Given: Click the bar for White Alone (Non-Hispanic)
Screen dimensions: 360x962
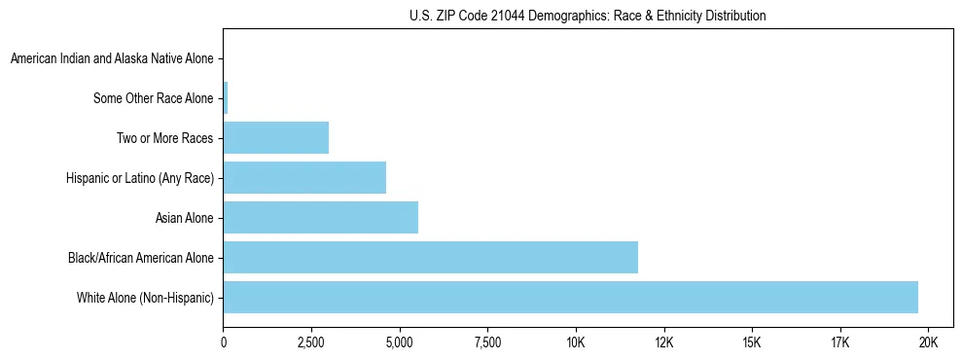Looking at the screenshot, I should (570, 298).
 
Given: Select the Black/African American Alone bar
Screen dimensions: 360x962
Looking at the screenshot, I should (430, 258).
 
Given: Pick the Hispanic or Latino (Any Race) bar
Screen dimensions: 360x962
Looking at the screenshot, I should (304, 178).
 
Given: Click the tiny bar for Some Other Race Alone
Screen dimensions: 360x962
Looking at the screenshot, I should (226, 98).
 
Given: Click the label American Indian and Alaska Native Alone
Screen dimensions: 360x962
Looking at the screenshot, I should (112, 59).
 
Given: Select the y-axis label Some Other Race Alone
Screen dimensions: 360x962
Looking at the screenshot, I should (153, 98).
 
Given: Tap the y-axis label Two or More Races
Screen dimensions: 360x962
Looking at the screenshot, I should (164, 138).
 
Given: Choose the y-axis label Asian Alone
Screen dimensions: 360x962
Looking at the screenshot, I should (184, 218).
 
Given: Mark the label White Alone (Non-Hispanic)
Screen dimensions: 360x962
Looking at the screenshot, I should (145, 298).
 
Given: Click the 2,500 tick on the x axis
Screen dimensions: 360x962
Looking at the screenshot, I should (311, 342).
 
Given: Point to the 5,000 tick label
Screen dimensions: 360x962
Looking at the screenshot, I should (399, 342).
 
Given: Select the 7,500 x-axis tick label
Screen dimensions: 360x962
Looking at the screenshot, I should (487, 342).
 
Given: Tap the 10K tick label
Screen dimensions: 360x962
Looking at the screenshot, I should (575, 342).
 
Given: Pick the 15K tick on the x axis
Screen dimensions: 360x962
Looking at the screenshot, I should (752, 342).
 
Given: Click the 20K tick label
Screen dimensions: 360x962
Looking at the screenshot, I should (928, 342).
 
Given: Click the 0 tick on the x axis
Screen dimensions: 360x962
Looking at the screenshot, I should (224, 342).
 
